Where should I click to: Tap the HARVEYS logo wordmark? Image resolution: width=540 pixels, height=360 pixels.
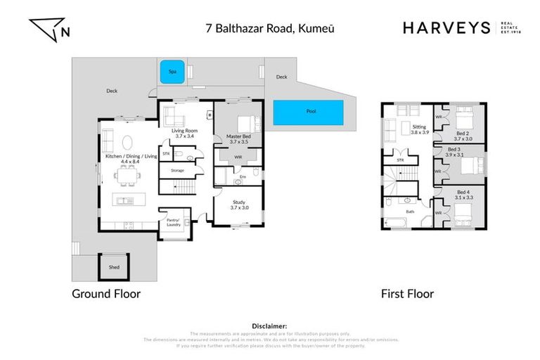(446, 28)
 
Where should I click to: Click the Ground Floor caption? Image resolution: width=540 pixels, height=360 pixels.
(106, 294)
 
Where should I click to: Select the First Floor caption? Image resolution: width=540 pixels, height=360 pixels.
(407, 294)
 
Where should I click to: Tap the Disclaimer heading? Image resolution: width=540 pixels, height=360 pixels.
(269, 326)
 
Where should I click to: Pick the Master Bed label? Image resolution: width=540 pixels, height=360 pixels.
(239, 139)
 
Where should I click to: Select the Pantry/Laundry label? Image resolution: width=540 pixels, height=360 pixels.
(173, 223)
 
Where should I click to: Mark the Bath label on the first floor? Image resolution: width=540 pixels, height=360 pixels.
(411, 211)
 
